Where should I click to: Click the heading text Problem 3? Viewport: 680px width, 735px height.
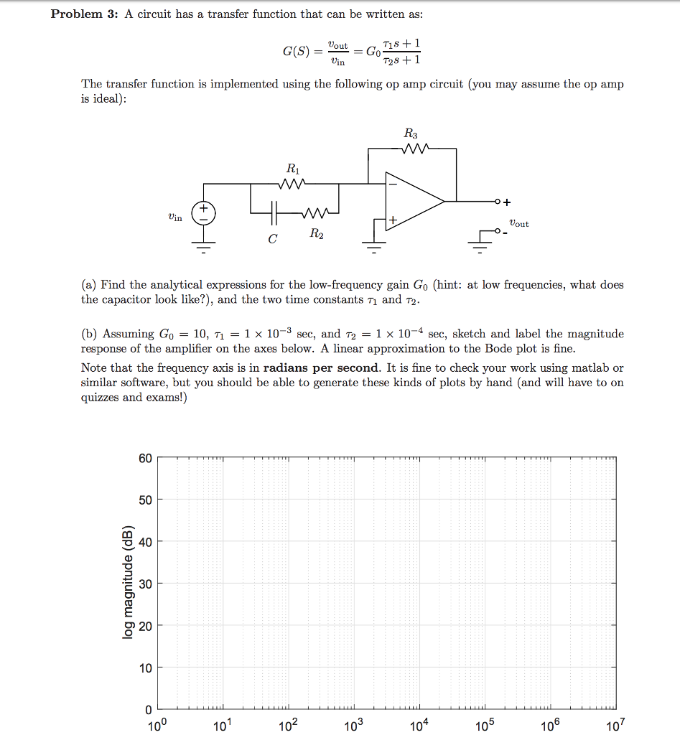tap(83, 15)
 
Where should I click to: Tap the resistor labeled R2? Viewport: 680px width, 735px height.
tap(315, 213)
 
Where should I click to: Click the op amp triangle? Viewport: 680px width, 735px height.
tap(413, 202)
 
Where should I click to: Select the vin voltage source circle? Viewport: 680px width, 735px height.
tap(203, 211)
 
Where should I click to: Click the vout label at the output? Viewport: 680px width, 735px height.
tap(519, 224)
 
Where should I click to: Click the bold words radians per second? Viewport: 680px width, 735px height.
tap(321, 368)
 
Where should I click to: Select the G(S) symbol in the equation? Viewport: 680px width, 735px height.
tap(296, 52)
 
